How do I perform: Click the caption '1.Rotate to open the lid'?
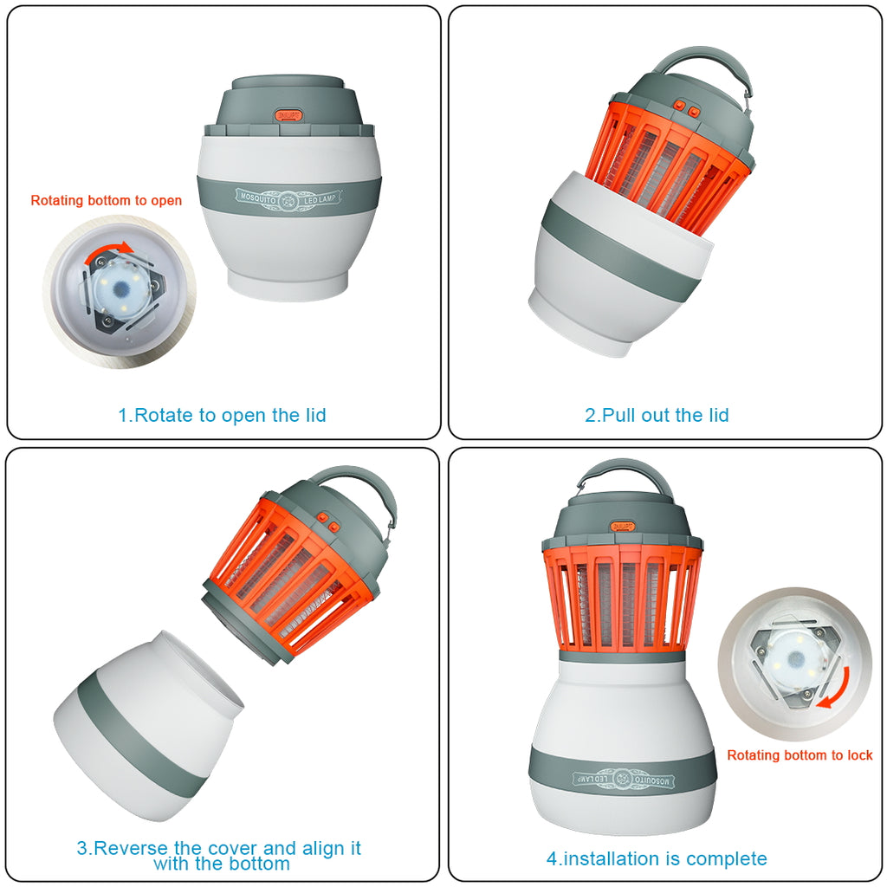point(222,415)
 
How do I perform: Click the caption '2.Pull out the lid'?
point(657,415)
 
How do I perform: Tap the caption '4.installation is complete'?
point(657,858)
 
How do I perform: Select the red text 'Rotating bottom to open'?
point(107,200)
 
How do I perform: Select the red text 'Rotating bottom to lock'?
point(800,755)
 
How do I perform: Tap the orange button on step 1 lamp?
point(288,115)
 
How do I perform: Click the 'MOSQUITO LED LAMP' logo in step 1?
point(288,198)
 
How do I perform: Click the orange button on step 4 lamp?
point(623,527)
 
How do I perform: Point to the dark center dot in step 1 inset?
point(121,290)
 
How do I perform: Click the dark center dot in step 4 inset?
point(797,658)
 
